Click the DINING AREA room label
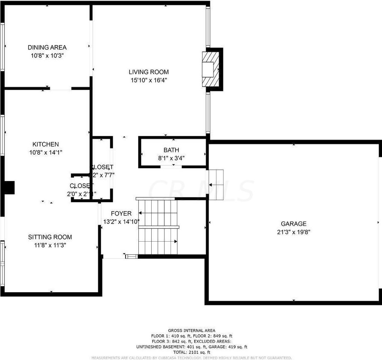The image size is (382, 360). pos(47,47)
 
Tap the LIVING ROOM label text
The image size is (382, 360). pos(148,72)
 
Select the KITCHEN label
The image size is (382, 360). pos(45,144)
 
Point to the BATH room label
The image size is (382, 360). pos(171,150)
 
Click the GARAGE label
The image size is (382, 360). pos(293,224)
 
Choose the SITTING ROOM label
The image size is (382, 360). pos(50,237)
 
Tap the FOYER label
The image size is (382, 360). pos(121,214)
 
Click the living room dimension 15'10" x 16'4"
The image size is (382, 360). pos(148,80)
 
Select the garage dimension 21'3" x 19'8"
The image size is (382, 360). pos(293,232)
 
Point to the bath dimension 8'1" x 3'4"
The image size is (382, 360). pos(171,158)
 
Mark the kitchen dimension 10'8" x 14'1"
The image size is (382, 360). pos(45,153)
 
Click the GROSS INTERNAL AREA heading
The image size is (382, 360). pos(192,330)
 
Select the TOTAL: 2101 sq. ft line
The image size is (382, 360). pos(192,352)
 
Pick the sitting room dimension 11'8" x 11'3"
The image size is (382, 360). pos(50,245)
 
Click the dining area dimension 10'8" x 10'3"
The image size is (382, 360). pos(47,55)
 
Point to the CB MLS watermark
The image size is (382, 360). pos(201,191)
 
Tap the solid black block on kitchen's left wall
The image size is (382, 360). pos(8,187)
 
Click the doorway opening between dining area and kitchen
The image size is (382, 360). pos(60,88)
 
